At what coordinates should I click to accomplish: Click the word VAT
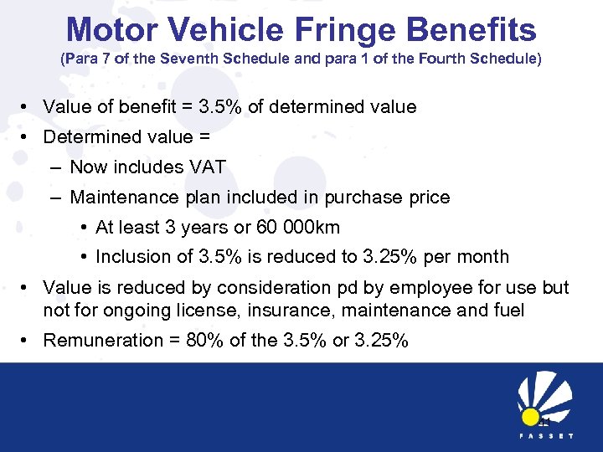(x=207, y=167)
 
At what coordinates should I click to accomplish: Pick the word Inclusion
(x=129, y=256)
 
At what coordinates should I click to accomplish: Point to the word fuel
(x=508, y=310)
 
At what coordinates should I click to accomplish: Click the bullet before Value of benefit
(x=27, y=107)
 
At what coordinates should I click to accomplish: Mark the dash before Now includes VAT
(x=54, y=167)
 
